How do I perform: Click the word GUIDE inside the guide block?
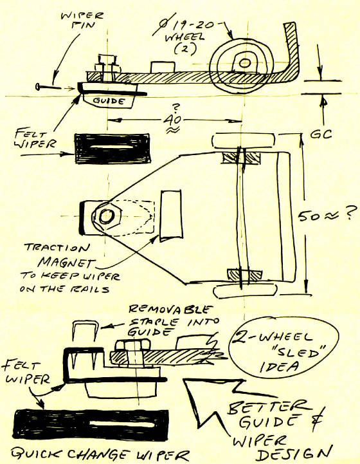pos(109,101)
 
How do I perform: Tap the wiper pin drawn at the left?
pos(49,87)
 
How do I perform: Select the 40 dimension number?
pos(173,120)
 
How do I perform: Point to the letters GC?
pos(321,134)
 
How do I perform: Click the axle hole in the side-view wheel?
pos(244,62)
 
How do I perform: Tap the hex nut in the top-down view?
pos(106,216)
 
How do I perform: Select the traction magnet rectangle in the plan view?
pos(171,216)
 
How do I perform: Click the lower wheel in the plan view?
pos(245,291)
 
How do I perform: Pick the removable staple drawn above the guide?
pos(85,333)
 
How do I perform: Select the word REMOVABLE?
pos(170,310)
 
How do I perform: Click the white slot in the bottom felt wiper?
pos(122,423)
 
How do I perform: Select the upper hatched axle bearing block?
pos(242,158)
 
